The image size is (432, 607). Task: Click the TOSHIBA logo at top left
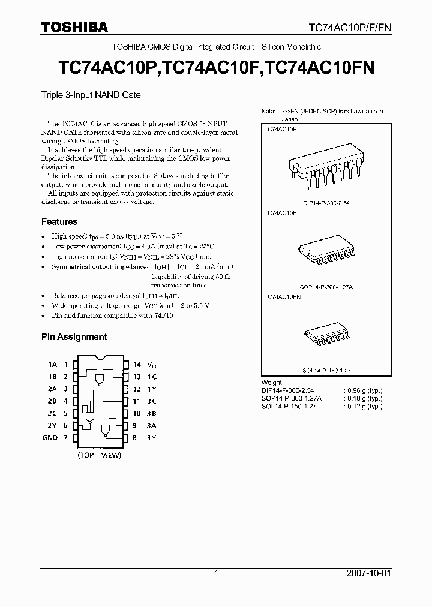75,27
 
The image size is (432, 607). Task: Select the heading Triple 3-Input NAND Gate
91,95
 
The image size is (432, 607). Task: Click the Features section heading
59,221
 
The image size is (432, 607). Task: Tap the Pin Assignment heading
74,337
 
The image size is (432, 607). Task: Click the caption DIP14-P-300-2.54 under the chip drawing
326,203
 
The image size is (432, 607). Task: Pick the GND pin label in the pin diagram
50,438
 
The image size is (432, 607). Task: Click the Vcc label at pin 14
154,365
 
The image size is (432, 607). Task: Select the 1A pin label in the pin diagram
52,365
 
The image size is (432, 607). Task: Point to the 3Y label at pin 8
152,438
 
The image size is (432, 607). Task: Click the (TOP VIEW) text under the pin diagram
99,455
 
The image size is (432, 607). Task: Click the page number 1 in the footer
216,573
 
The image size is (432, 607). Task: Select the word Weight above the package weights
272,382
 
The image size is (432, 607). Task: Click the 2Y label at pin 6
52,426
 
